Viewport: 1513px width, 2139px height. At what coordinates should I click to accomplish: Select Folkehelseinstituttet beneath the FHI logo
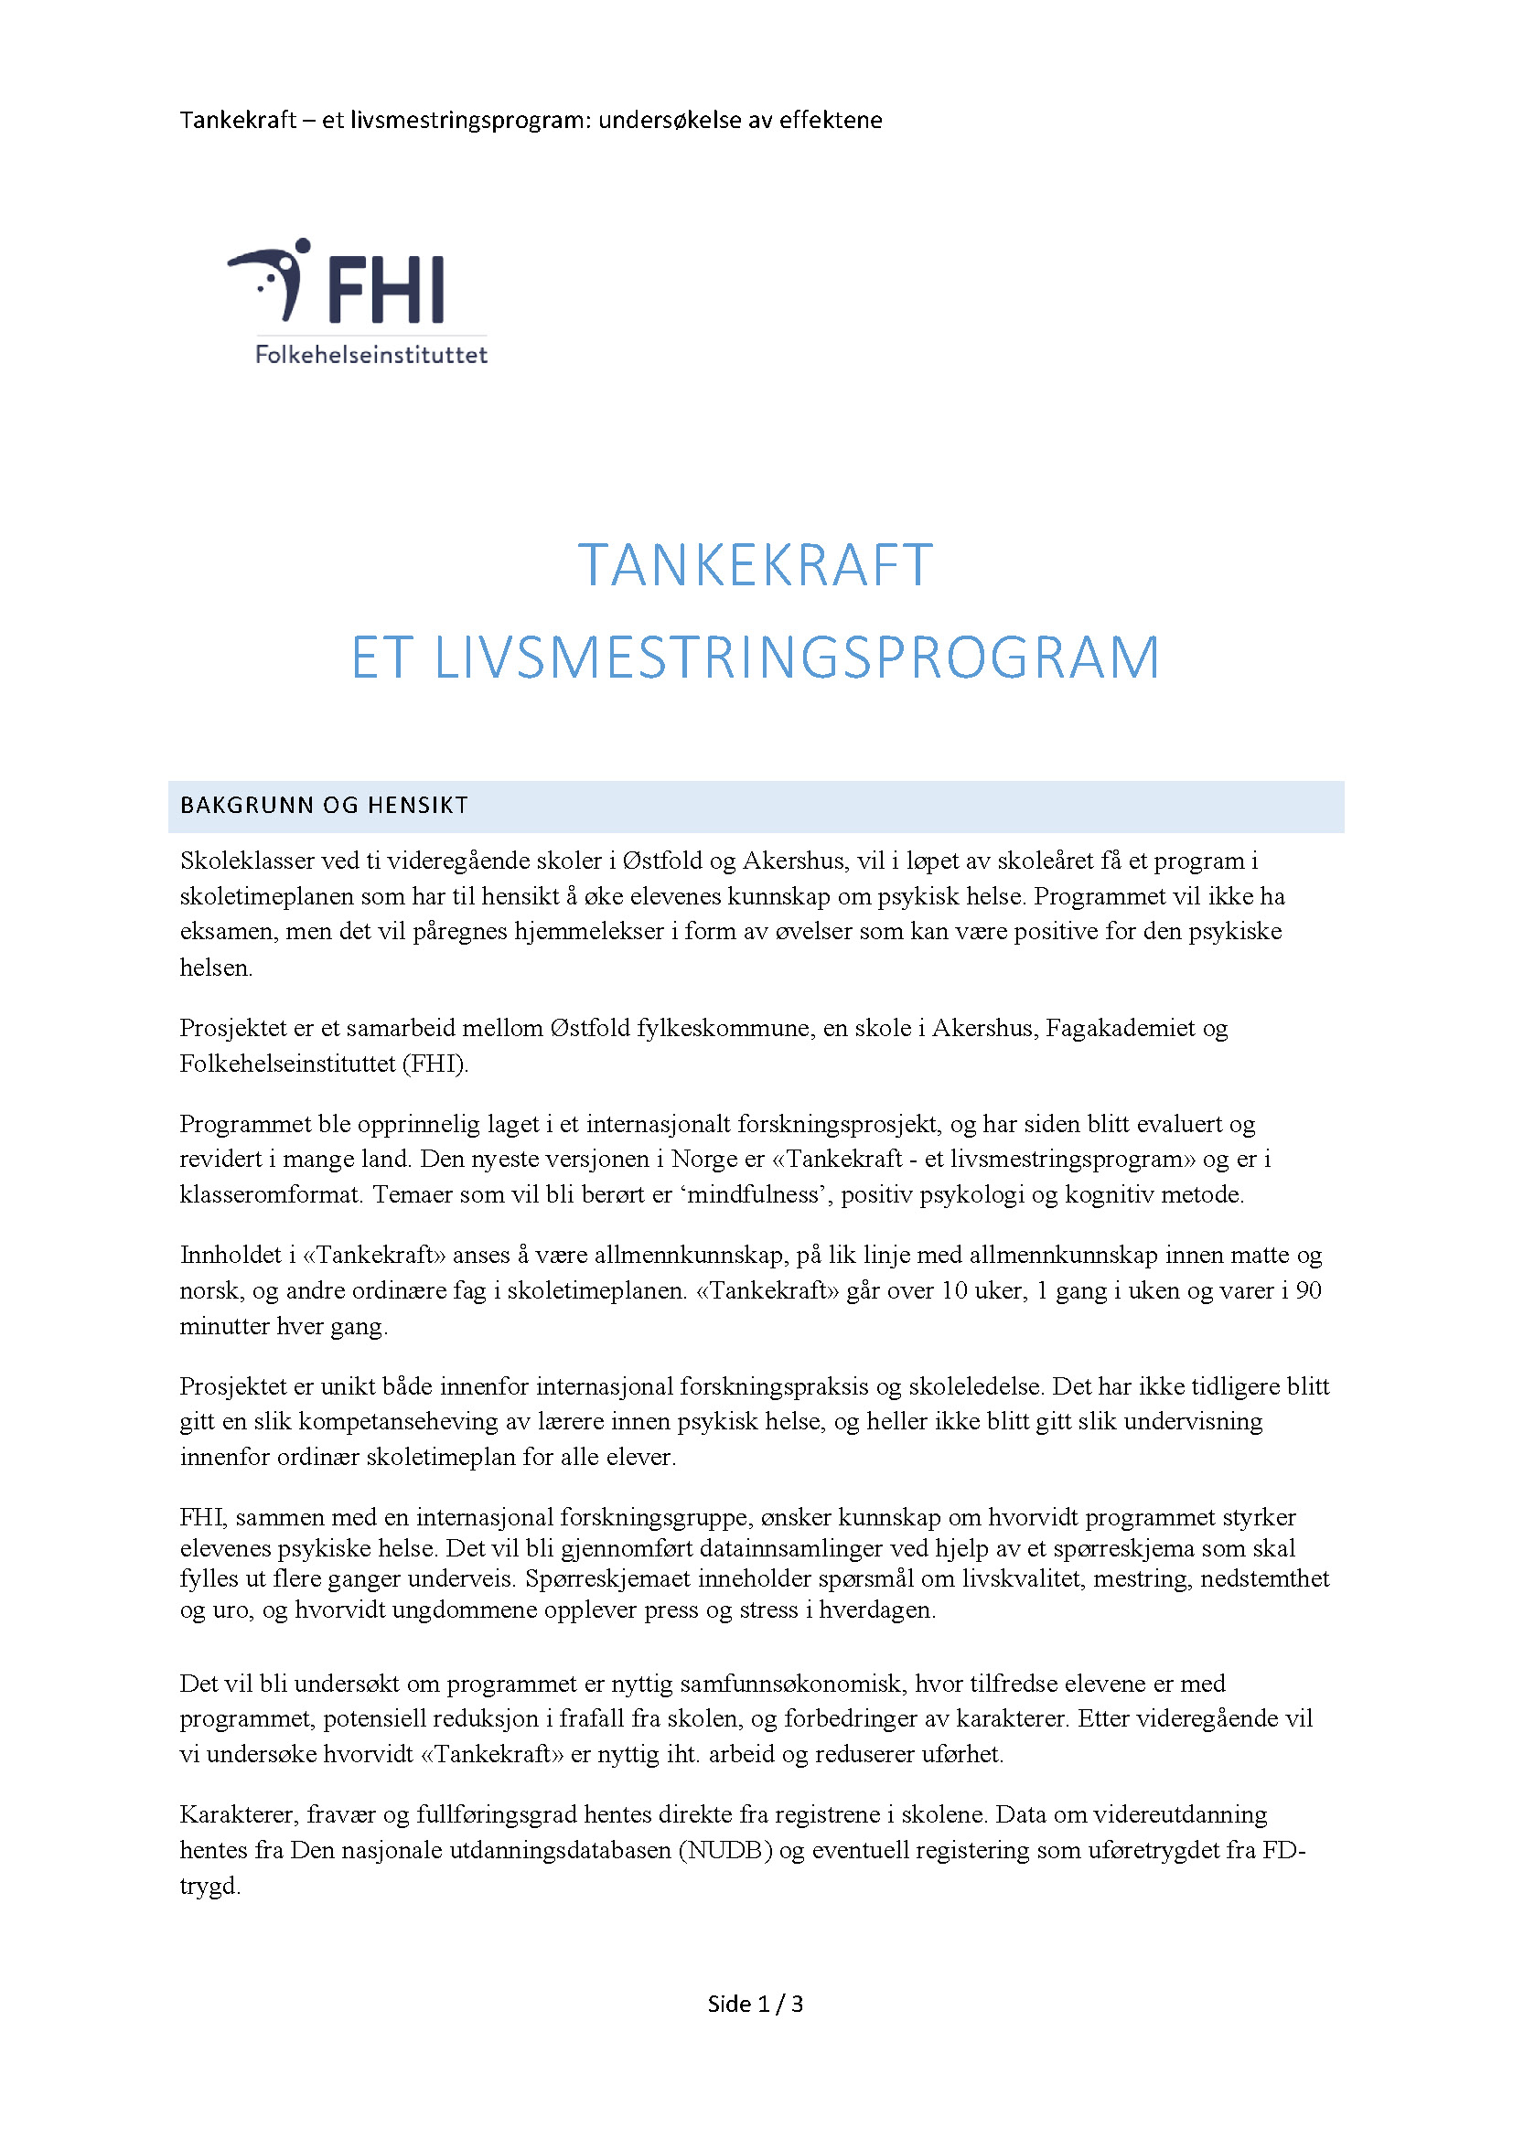(370, 355)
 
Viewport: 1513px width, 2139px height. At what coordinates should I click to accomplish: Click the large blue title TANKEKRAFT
(755, 564)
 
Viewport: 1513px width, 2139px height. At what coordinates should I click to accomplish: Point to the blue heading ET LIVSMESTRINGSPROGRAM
(755, 658)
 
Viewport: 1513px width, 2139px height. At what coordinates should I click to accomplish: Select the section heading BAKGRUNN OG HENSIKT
(324, 806)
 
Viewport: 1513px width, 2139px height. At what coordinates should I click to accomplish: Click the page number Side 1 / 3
(755, 2004)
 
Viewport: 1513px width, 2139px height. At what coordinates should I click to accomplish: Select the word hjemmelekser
(589, 932)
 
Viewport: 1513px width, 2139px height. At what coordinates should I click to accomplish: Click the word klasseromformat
(270, 1194)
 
